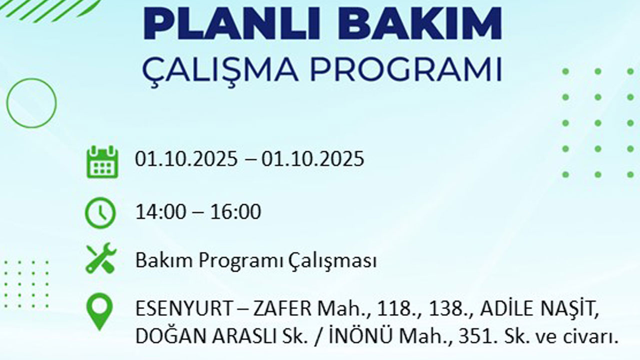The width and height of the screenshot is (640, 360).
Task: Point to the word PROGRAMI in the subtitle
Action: tap(405, 69)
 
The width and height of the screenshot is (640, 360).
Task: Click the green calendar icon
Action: tap(102, 161)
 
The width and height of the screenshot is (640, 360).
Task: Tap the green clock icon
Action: tap(100, 213)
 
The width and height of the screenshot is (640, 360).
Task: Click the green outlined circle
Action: tap(31, 103)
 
